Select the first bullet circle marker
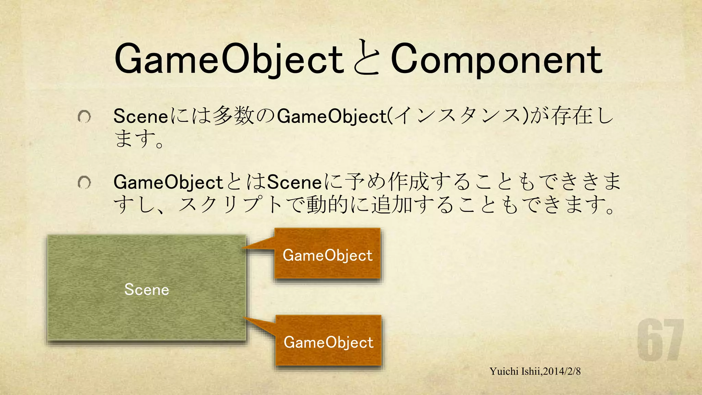coord(84,117)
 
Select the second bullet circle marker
coord(84,182)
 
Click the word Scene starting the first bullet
coord(141,116)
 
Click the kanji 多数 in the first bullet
coord(233,116)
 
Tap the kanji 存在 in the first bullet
coord(572,116)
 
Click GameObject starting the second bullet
coord(168,182)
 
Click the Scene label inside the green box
coord(147,290)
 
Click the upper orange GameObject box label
coord(327,255)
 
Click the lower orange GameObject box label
coord(328,343)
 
